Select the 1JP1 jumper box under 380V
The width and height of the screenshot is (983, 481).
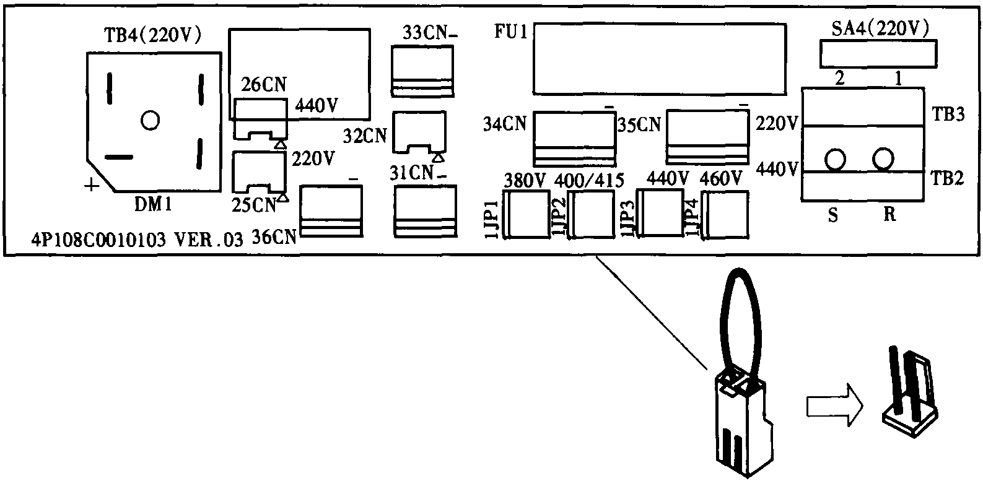pos(528,214)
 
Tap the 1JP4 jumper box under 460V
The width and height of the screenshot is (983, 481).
pos(725,214)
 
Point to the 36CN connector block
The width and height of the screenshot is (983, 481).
pos(331,210)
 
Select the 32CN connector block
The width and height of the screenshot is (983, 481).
pos(420,132)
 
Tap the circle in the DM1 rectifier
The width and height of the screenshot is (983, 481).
pos(150,119)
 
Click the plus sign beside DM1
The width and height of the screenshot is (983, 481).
pos(91,184)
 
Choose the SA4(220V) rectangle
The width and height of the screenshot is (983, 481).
pos(878,53)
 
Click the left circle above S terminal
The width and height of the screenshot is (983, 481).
pos(834,160)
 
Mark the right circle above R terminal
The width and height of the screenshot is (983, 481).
pos(883,160)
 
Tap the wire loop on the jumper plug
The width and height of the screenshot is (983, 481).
pos(738,322)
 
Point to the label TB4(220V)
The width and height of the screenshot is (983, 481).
pos(152,36)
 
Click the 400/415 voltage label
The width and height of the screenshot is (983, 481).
pos(588,180)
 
